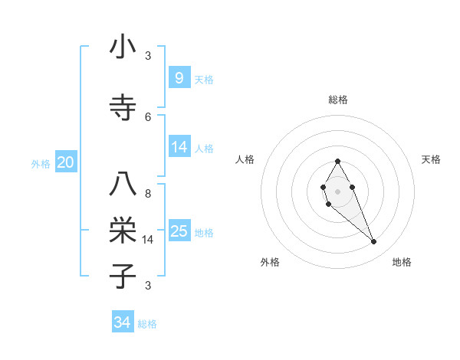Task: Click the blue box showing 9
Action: pos(179,78)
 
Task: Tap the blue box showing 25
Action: pos(179,231)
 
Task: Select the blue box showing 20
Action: pos(65,162)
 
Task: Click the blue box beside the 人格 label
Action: pos(179,148)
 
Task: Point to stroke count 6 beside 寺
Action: pos(148,116)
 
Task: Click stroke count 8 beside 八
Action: pos(148,194)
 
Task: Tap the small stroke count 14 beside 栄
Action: pos(149,240)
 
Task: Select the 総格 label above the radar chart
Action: pos(338,100)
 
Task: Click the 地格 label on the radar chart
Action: pos(402,262)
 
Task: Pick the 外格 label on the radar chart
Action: pos(270,262)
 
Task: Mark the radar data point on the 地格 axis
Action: pos(374,242)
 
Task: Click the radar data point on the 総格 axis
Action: pos(337,161)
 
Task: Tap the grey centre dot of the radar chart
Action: pos(337,190)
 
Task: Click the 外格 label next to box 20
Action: pos(41,163)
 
